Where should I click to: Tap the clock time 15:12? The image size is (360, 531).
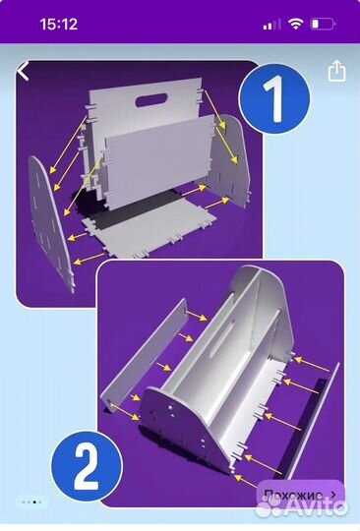click(59, 24)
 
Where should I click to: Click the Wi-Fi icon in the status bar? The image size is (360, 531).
click(295, 24)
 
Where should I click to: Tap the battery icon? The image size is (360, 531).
click(323, 25)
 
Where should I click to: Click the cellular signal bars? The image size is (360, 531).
click(271, 25)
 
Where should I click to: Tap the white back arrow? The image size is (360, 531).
click(23, 71)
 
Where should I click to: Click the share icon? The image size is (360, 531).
click(336, 71)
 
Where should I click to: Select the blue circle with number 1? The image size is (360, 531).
click(274, 99)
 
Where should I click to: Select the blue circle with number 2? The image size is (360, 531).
click(87, 467)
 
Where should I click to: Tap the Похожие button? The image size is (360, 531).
click(300, 495)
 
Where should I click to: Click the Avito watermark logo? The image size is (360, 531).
click(302, 507)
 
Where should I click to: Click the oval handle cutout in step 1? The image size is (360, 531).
click(151, 100)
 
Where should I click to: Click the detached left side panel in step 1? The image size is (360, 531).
click(51, 223)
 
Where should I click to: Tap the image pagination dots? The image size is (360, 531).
click(31, 501)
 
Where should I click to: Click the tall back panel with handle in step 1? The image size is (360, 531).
click(146, 112)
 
